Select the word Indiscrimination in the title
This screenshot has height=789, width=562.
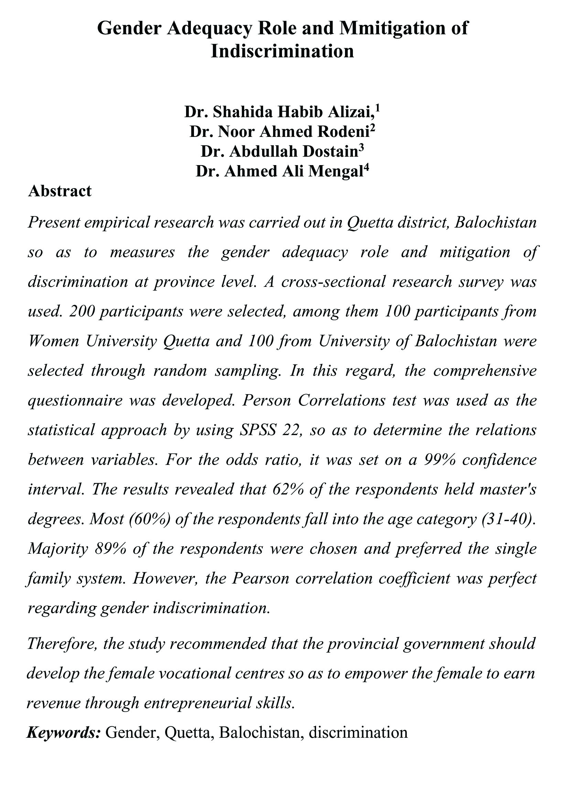point(282,51)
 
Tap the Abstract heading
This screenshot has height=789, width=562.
point(60,191)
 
